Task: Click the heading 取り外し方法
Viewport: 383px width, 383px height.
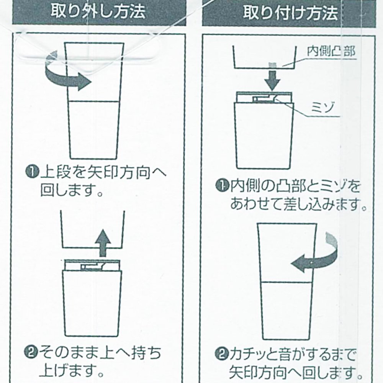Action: click(98, 11)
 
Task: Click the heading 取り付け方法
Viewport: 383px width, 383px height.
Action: click(290, 13)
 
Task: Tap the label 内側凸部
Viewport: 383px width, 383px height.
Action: click(331, 52)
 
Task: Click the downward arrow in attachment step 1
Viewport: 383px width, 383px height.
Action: click(273, 80)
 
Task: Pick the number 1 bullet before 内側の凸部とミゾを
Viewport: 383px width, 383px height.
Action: click(222, 186)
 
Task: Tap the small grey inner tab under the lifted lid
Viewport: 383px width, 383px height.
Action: click(272, 65)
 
